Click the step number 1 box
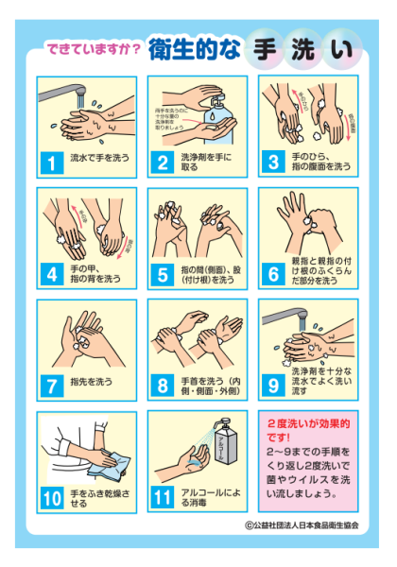(53, 163)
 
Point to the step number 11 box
(164, 497)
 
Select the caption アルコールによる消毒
(214, 497)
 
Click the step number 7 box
(53, 386)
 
